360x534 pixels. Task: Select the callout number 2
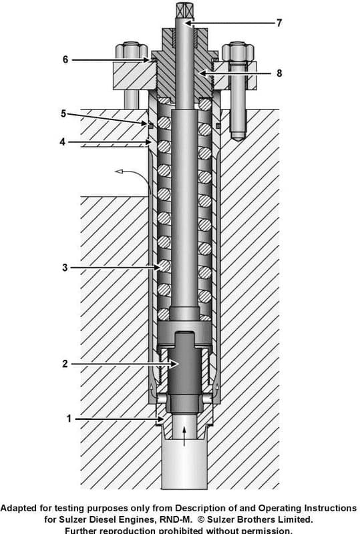[x=65, y=364]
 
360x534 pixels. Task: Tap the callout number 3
[x=65, y=268]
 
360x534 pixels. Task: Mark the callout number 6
[x=65, y=59]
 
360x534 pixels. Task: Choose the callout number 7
[x=279, y=23]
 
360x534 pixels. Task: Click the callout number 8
[x=279, y=73]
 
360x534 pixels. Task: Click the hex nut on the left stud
[x=131, y=51]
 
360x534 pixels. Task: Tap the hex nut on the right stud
[x=237, y=51]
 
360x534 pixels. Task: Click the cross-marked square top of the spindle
[x=184, y=10]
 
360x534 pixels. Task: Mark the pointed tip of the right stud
[x=237, y=138]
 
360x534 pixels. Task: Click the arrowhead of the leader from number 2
[x=176, y=364]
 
